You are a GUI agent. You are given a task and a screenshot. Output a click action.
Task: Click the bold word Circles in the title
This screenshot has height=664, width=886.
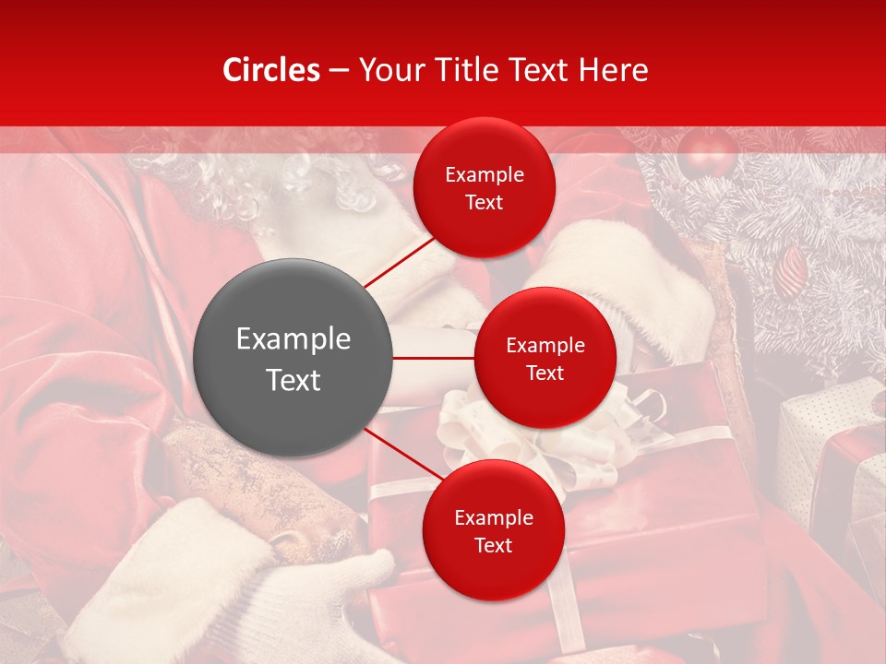pyautogui.click(x=271, y=70)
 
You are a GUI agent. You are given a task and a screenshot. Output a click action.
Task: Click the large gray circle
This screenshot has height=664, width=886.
pyautogui.click(x=293, y=358)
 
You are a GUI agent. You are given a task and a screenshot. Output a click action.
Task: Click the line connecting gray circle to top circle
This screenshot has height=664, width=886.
pyautogui.click(x=400, y=260)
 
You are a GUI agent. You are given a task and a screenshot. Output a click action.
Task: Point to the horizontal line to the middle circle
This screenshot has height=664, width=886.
pyautogui.click(x=434, y=358)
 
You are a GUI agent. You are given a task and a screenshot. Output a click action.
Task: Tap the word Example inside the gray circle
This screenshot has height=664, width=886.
pyautogui.click(x=293, y=339)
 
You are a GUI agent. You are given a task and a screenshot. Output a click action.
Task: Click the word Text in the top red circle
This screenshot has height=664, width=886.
pyautogui.click(x=485, y=203)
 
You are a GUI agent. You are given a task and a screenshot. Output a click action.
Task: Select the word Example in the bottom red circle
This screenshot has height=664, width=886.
pyautogui.click(x=493, y=518)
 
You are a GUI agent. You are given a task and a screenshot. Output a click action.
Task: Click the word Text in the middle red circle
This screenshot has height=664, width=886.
pyautogui.click(x=545, y=373)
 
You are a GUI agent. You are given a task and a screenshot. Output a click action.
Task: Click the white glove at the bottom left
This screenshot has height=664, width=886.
pyautogui.click(x=231, y=590)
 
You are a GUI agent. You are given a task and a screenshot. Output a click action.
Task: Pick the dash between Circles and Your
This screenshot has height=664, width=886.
pyautogui.click(x=339, y=70)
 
